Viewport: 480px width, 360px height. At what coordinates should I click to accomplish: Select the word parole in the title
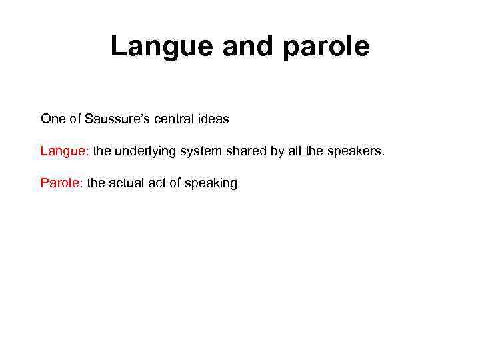coord(326,47)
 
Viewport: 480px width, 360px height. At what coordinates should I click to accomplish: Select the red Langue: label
coord(65,151)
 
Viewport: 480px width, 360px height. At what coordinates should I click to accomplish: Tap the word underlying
coord(135,151)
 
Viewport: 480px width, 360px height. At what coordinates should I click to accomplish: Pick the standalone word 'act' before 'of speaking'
coord(157,183)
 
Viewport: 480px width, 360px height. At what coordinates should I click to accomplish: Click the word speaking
coord(211,183)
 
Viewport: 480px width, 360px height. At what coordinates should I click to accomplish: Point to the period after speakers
coord(383,155)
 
